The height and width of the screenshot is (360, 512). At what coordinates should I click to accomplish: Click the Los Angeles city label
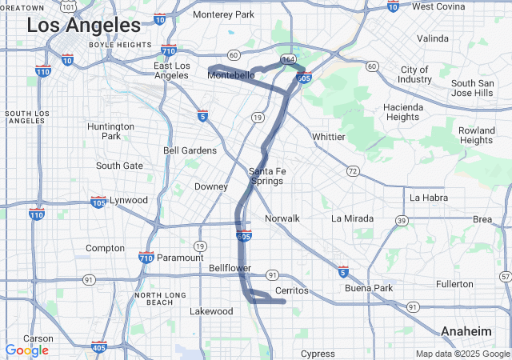84,26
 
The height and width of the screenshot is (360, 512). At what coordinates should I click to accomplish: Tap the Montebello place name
231,75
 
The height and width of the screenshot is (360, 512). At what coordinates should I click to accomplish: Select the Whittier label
328,137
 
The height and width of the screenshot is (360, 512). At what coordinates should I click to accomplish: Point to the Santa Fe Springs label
266,176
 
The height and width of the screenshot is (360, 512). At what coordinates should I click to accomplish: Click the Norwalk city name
282,218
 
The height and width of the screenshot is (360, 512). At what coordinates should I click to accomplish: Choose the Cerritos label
291,290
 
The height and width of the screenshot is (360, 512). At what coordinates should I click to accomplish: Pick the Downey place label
211,186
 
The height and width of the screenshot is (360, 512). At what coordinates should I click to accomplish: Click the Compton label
105,248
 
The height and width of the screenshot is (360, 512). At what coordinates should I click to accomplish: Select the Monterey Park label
223,14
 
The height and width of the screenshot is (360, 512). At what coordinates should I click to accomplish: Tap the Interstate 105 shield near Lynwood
98,200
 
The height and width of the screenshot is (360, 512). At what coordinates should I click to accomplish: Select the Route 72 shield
353,171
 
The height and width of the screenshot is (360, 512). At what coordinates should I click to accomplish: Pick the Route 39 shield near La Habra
401,220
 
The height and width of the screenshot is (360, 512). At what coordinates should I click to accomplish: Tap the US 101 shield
69,6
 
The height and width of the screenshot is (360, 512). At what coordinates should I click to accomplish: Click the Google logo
26,350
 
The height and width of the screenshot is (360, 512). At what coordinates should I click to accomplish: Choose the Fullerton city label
454,284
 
